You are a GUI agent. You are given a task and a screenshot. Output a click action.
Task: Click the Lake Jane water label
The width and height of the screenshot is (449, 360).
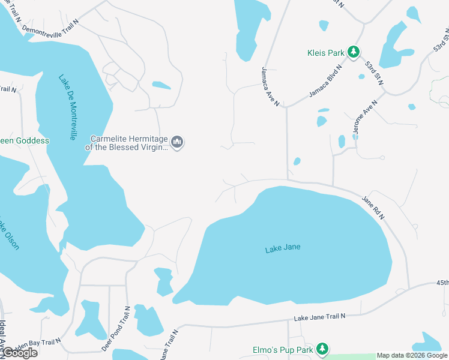point(282,248)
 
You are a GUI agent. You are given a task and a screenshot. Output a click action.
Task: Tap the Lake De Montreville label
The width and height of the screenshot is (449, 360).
point(67,107)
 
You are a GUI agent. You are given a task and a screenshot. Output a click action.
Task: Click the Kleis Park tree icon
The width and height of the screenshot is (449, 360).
point(354,53)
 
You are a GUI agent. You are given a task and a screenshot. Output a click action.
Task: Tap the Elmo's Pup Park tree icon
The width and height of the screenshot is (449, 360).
point(322,349)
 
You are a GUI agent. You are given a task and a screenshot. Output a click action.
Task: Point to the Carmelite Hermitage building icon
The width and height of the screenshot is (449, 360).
point(177,142)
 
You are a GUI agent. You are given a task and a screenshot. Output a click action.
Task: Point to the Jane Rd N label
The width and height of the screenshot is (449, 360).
point(373,207)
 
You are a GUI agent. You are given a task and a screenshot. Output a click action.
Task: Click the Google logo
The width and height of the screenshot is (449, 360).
point(19,353)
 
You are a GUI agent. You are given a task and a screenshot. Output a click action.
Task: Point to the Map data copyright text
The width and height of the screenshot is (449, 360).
point(412,355)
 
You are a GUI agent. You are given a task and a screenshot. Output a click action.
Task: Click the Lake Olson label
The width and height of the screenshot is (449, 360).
point(8,234)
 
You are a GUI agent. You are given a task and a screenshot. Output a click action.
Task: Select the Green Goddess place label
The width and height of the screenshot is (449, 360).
point(25,140)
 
